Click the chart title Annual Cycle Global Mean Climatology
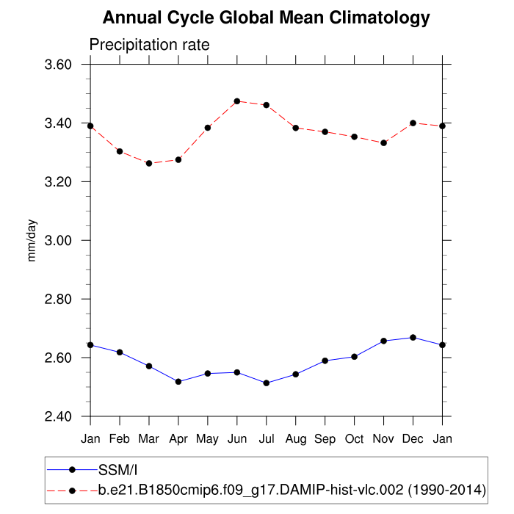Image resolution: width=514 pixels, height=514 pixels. (266, 17)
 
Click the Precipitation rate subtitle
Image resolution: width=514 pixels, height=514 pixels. (149, 45)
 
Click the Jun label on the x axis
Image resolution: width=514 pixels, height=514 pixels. (236, 438)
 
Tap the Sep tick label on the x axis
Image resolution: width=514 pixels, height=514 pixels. (325, 438)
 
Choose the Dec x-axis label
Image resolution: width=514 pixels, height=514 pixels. (413, 438)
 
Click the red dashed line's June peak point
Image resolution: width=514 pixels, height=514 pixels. (236, 101)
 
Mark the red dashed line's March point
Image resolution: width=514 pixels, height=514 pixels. (149, 163)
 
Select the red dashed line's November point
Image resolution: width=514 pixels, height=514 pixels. (383, 142)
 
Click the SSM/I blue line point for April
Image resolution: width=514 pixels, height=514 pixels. (178, 382)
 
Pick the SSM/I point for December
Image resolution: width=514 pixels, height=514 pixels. (413, 338)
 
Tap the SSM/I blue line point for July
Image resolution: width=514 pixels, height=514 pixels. (266, 383)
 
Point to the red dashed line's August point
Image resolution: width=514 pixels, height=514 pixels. (295, 128)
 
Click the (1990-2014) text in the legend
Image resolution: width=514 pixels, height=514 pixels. (449, 489)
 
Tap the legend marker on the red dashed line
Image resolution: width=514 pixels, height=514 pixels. (72, 489)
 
